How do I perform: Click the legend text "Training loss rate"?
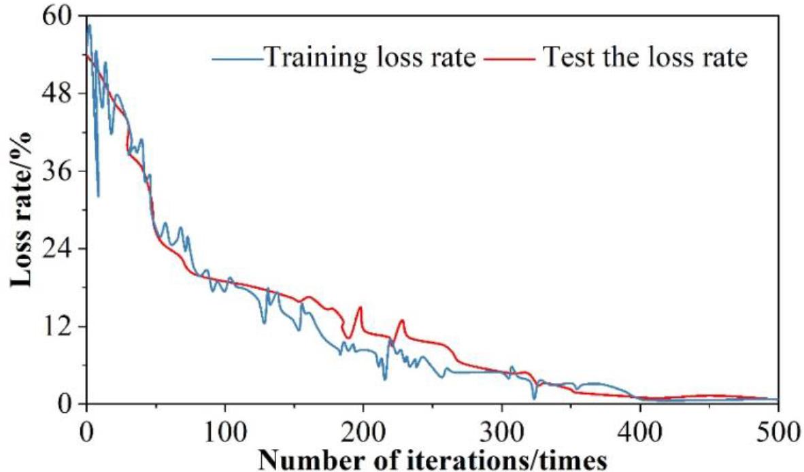pyautogui.click(x=369, y=57)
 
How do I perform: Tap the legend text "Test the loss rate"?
pyautogui.click(x=645, y=57)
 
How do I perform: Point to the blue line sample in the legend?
pyautogui.click(x=237, y=58)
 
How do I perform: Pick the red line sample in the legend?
pyautogui.click(x=509, y=58)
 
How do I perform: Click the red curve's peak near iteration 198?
pyautogui.click(x=360, y=307)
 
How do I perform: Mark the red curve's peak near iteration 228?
pyautogui.click(x=402, y=320)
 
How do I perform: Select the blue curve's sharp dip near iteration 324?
pyautogui.click(x=535, y=398)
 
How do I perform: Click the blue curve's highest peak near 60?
pyautogui.click(x=88, y=25)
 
